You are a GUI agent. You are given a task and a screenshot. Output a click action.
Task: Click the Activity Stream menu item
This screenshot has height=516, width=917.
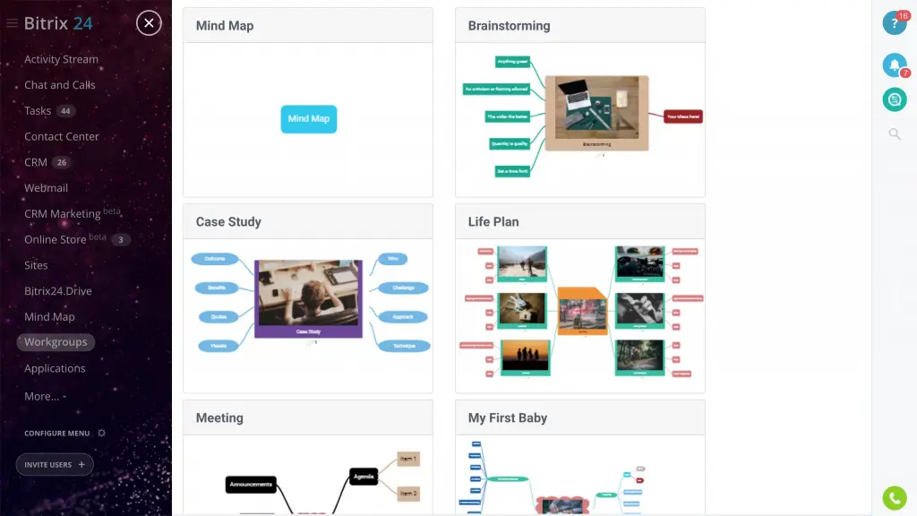(61, 59)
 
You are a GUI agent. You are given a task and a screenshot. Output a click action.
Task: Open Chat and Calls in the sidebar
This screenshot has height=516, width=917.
(59, 85)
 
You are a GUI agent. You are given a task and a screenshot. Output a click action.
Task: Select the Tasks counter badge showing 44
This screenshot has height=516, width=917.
(65, 111)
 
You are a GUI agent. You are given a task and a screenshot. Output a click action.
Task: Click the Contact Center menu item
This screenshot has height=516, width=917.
(62, 136)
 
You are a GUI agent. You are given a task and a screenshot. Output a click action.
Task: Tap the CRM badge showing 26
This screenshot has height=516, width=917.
(61, 162)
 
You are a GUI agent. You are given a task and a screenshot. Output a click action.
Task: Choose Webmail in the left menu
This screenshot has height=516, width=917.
(46, 188)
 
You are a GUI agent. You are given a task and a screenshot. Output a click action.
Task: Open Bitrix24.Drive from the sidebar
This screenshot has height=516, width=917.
(58, 291)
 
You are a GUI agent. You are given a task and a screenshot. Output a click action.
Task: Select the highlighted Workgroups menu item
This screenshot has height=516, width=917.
(56, 342)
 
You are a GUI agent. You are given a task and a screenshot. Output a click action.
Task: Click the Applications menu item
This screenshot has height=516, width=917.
(55, 368)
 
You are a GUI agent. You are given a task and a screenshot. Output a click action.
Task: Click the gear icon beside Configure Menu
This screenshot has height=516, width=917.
(101, 433)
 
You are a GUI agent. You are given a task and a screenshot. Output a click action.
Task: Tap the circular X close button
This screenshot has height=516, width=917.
(149, 23)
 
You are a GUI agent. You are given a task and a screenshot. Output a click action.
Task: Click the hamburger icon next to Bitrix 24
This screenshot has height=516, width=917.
(12, 23)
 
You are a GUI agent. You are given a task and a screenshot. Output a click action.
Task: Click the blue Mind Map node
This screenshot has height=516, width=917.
(309, 118)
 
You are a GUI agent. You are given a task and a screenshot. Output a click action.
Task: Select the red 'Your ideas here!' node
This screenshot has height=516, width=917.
(682, 116)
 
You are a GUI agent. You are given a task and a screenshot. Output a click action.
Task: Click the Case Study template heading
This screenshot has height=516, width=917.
(228, 221)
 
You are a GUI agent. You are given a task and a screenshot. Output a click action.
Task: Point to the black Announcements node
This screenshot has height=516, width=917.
(251, 485)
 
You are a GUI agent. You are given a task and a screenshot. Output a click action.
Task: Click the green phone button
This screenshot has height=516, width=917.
(894, 497)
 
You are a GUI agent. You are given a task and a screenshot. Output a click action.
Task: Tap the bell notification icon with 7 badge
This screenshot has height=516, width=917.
(894, 64)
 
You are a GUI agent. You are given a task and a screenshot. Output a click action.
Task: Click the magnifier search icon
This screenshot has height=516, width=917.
(894, 133)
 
